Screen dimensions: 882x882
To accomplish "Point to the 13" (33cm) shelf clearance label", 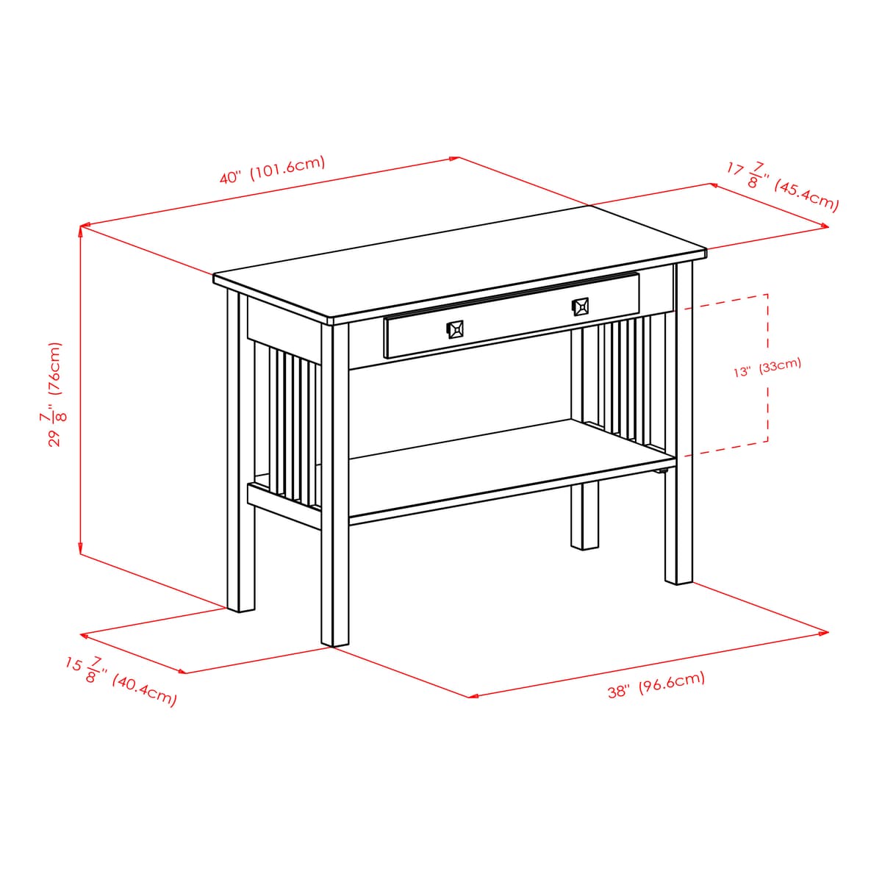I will tap(767, 367).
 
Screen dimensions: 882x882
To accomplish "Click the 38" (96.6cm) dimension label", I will tap(656, 684).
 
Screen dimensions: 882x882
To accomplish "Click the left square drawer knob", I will tap(456, 329).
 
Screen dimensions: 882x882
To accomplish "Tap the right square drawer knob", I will tap(580, 306).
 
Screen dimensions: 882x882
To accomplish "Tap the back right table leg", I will tap(585, 514).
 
